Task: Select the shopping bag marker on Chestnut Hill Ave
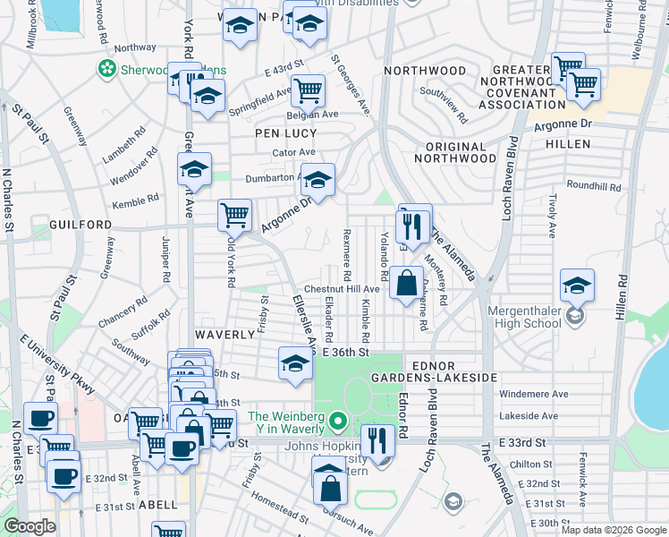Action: click(406, 284)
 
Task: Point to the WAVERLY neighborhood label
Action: click(227, 334)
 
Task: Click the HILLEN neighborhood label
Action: click(568, 144)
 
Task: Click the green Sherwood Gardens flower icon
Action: click(107, 68)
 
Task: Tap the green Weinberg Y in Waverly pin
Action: click(337, 419)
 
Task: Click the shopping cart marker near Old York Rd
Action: click(234, 214)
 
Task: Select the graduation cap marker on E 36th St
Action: click(295, 363)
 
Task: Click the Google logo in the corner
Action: click(30, 526)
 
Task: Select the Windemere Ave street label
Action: click(534, 394)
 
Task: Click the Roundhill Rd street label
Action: click(599, 186)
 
